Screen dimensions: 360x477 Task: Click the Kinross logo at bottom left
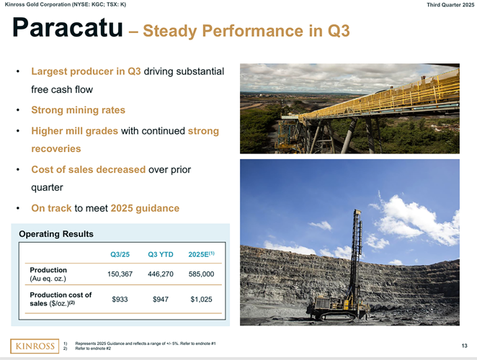(x=32, y=346)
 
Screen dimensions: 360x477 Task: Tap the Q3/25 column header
(x=120, y=253)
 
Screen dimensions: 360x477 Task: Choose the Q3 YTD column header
(x=159, y=253)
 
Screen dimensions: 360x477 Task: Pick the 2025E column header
(x=201, y=253)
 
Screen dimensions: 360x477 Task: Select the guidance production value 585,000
(x=201, y=274)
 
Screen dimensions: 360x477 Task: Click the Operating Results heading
(x=55, y=234)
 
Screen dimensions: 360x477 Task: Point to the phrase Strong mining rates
(x=78, y=110)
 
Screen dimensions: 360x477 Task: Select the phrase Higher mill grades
(x=75, y=131)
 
